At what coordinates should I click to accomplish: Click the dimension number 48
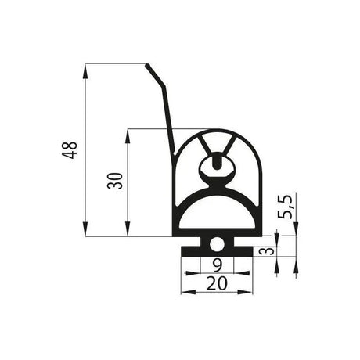tap(70, 149)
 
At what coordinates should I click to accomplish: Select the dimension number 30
tap(114, 182)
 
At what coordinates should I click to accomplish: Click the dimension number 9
tap(216, 265)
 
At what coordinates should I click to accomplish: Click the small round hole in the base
tap(216, 245)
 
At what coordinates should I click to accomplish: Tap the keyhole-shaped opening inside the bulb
tap(216, 167)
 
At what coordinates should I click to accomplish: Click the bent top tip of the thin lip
tap(149, 66)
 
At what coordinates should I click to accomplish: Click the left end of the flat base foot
tap(183, 253)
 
